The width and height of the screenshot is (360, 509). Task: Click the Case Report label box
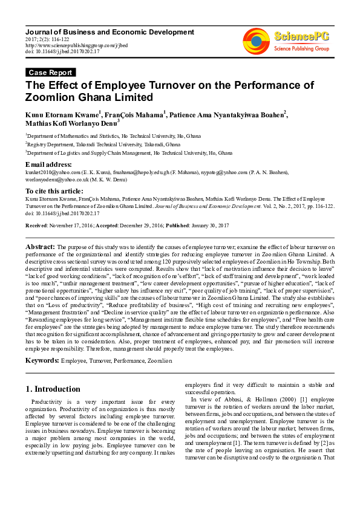[50, 73]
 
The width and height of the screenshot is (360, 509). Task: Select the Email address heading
[48, 164]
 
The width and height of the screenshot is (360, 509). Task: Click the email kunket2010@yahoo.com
[49, 172]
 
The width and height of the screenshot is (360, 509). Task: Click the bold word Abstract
[40, 247]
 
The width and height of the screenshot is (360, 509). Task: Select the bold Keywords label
[42, 360]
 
